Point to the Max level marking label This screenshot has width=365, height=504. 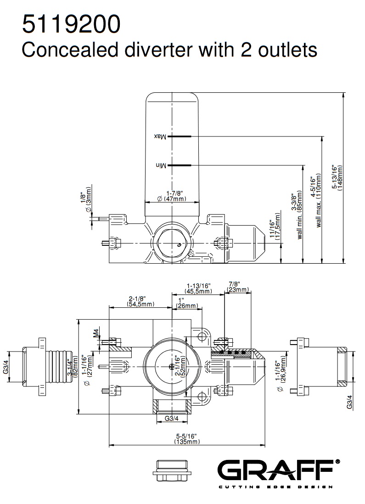pos(159,136)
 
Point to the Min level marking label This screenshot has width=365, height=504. pos(160,164)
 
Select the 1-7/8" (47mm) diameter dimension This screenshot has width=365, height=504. pos(172,196)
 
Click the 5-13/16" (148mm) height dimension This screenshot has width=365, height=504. pos(339,178)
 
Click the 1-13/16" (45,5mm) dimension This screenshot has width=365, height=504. pos(198,288)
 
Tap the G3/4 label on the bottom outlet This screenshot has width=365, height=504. pos(171,419)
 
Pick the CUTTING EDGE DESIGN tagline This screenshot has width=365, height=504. pos(275,487)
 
